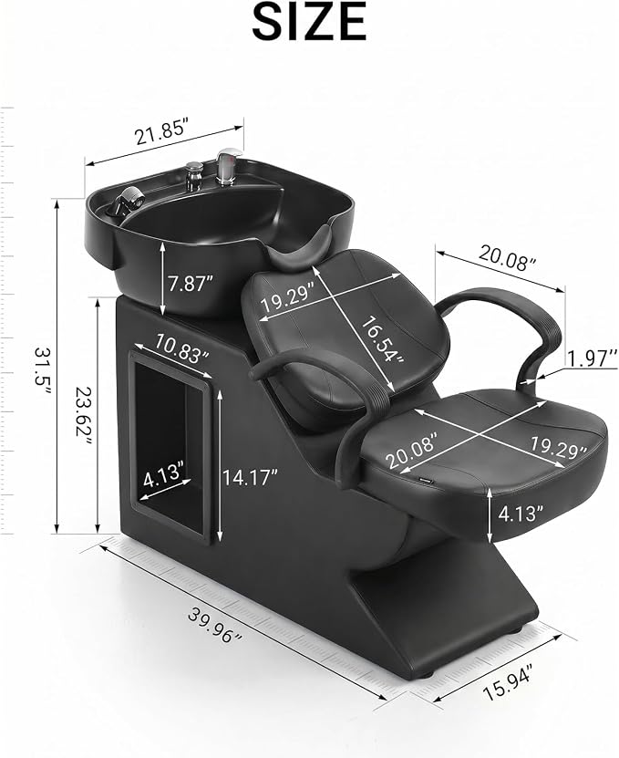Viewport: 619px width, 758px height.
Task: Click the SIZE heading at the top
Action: (x=309, y=22)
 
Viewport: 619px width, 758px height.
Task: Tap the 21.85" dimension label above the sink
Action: (x=161, y=133)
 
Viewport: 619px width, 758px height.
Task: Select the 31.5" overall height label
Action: (x=42, y=365)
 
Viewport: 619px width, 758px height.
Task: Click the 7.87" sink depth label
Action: (x=191, y=284)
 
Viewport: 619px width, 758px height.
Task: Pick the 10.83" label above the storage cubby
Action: (x=181, y=349)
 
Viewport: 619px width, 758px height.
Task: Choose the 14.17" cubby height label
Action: (x=250, y=478)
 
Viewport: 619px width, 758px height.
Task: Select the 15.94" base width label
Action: (x=508, y=681)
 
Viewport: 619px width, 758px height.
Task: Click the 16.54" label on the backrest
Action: (x=382, y=340)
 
